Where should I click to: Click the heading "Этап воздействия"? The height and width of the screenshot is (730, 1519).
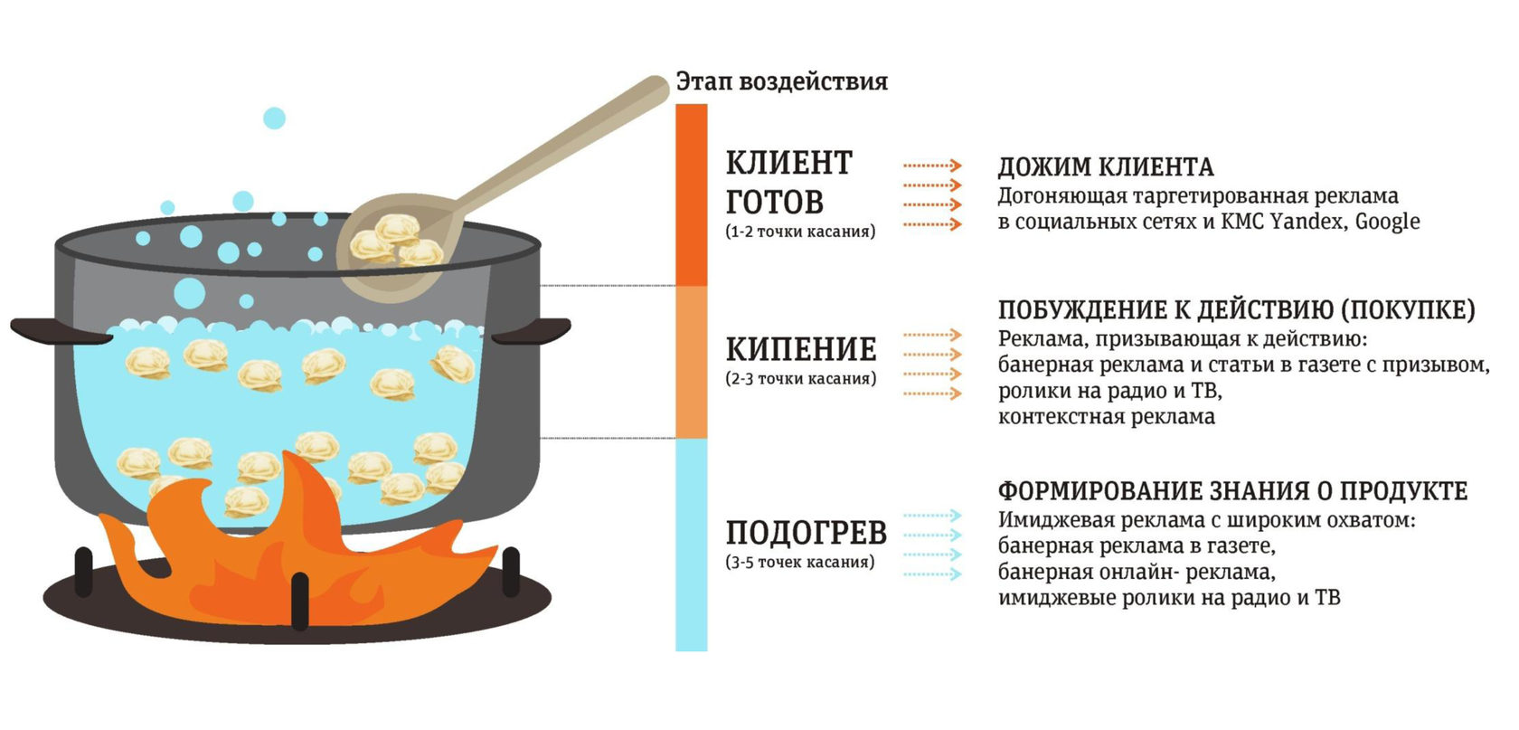coord(781,82)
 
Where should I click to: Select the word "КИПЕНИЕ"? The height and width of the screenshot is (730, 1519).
coord(801,349)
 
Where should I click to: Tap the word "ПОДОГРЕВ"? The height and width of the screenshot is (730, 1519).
coord(806,533)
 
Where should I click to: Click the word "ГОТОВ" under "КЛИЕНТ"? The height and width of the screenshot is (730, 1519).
coord(774,202)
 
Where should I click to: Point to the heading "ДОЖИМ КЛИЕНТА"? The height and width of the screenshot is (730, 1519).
coord(1105,167)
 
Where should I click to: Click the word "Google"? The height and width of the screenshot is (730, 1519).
coord(1387,222)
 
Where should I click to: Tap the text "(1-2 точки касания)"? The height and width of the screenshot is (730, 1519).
coord(800,232)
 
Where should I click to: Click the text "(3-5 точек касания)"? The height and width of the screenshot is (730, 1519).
coord(800,562)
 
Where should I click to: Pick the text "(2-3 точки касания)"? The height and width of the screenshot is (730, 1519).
coord(800,379)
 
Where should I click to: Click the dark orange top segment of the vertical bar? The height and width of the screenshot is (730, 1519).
coord(692,194)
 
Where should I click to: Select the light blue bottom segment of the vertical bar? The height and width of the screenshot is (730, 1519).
coord(692,543)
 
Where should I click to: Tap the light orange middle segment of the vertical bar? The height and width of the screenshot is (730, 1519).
coord(692,362)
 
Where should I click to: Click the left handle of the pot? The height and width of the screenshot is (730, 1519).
coord(54,330)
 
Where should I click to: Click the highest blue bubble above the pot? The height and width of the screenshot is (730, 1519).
coord(274,119)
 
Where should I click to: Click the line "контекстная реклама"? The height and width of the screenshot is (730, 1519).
coord(1106,417)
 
